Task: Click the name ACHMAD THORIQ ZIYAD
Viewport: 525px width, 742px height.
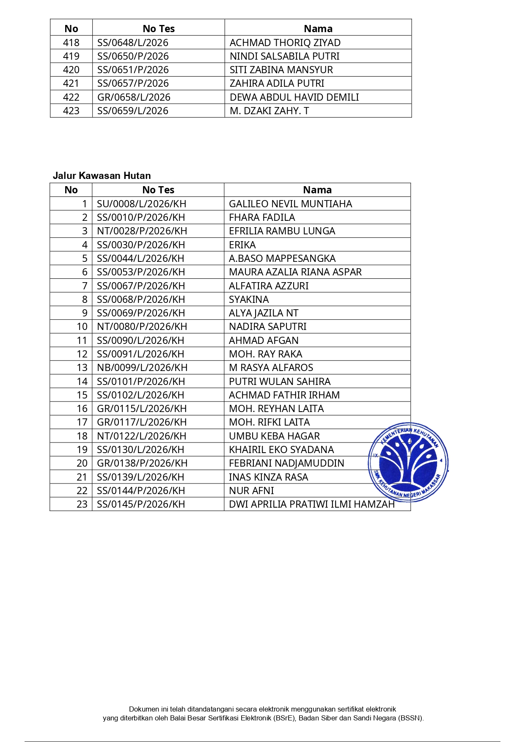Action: pos(285,43)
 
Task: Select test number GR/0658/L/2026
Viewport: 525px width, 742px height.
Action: pos(134,97)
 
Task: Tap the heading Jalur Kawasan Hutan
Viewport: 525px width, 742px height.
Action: pos(102,176)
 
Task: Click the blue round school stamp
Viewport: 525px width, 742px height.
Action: pos(408,462)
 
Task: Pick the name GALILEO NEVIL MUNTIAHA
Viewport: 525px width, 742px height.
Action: pos(290,204)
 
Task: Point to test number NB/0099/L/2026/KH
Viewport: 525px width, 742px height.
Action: pos(142,368)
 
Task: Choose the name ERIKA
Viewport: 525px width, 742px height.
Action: pos(242,245)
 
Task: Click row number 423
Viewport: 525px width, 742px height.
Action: pos(71,111)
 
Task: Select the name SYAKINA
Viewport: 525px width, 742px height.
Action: pos(249,300)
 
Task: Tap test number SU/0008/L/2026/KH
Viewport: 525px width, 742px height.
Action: pos(141,204)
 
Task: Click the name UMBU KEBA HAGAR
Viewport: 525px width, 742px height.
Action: pos(274,436)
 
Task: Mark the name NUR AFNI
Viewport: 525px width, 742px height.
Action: pos(251,491)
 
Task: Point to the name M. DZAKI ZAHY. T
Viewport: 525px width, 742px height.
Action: pos(269,111)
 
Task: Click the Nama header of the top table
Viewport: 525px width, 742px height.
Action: pos(318,29)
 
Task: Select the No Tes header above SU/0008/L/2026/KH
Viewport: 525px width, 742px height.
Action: pos(158,190)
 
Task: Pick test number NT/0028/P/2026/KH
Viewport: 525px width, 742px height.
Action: pos(142,231)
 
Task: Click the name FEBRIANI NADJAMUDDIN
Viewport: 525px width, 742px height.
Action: pos(286,463)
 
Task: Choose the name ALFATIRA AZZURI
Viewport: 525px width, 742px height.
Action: pos(269,286)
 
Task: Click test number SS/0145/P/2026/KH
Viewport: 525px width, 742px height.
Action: pos(141,504)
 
